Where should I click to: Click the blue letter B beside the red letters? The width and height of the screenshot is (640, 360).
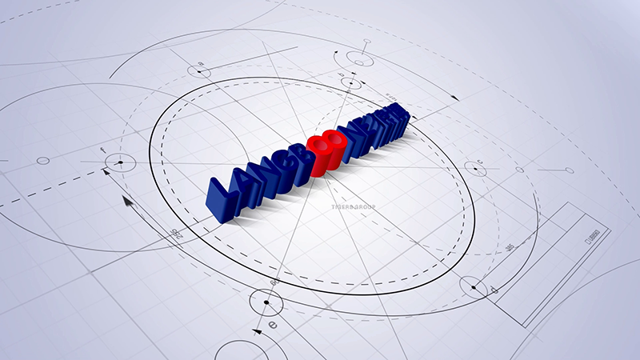click(307, 159)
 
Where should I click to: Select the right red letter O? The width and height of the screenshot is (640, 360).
click(337, 146)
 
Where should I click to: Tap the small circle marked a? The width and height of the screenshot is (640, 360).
click(199, 72)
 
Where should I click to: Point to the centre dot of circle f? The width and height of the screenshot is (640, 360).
click(120, 163)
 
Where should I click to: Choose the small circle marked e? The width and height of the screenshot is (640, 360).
click(266, 304)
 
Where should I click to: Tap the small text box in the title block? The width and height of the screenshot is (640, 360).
click(594, 235)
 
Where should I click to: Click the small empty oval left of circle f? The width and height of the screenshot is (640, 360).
click(43, 161)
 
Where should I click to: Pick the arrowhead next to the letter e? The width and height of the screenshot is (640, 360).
click(257, 330)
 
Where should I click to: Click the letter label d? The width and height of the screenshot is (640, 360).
click(493, 288)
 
